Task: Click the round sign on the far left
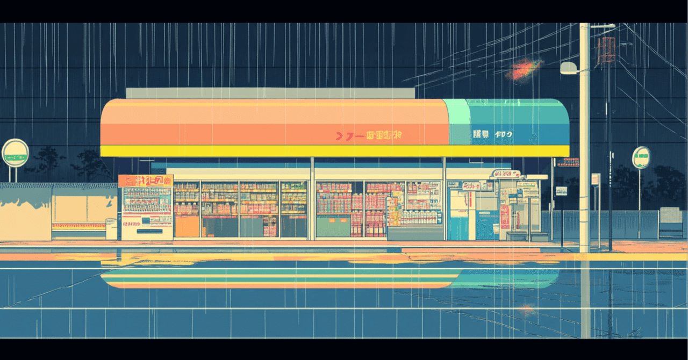pyautogui.click(x=15, y=153)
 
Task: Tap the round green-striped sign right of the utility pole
pyautogui.click(x=641, y=157)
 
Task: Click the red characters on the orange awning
pyautogui.click(x=369, y=136)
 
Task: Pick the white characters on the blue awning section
pyautogui.click(x=492, y=134)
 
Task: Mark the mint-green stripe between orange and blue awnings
pyautogui.click(x=457, y=122)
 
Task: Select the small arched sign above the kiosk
pyautogui.click(x=506, y=174)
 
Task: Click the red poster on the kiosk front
pyautogui.click(x=505, y=215)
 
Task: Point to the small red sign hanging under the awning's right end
pyautogui.click(x=572, y=162)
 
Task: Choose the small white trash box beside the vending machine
pyautogui.click(x=112, y=228)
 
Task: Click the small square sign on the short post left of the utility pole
pyautogui.click(x=561, y=191)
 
